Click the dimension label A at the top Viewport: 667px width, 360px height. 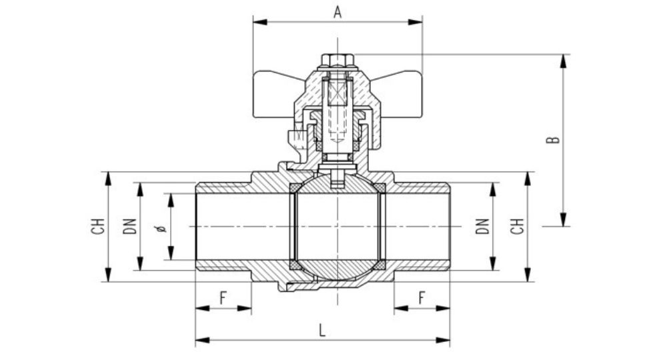(338, 12)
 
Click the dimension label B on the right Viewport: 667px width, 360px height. (553, 140)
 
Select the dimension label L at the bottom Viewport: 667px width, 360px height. (322, 330)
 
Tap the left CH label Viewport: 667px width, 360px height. (98, 226)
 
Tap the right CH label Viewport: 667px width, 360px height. (518, 226)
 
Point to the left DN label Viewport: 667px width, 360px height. (130, 226)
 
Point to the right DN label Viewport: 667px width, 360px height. (482, 226)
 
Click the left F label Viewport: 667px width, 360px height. (223, 298)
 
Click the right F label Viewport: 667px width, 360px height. (422, 298)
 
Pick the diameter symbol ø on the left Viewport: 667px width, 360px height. (161, 229)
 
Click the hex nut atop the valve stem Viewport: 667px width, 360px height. (338, 60)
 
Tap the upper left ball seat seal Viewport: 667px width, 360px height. (294, 188)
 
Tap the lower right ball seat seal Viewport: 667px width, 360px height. (380, 265)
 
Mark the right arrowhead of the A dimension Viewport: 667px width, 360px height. (415, 22)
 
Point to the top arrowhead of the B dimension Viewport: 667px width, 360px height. (564, 61)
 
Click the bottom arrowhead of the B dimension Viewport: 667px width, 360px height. (564, 219)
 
